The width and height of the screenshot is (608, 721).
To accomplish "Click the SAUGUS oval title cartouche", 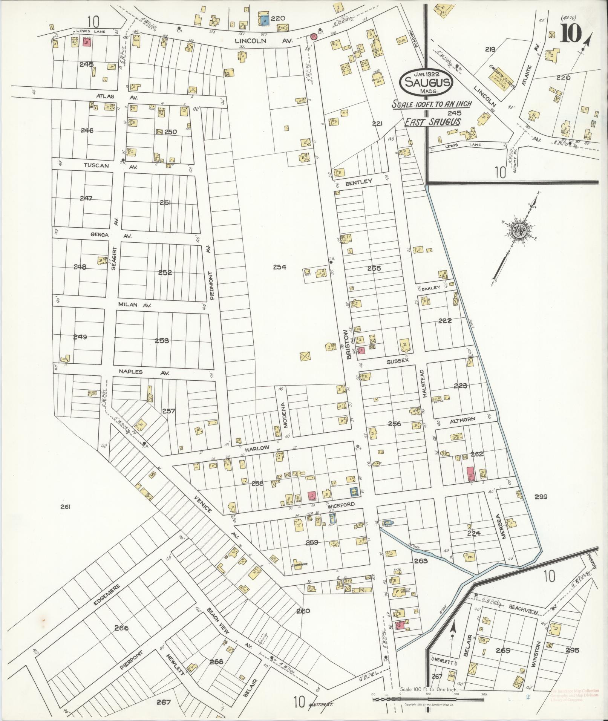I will coord(427,83).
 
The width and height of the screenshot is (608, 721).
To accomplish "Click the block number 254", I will coord(279,267).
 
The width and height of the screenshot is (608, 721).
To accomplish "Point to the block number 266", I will coord(121,628).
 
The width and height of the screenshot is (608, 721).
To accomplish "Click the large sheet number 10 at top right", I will coord(570,34).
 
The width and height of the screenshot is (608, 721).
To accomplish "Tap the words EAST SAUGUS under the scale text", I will coord(432,121).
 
